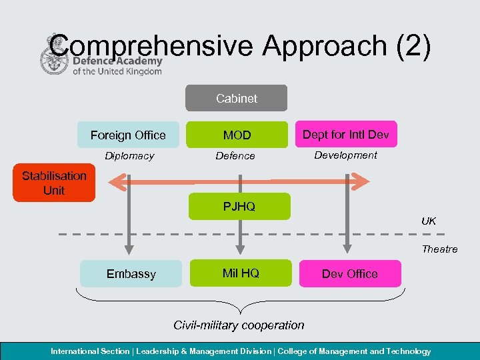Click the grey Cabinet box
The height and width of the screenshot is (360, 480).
click(x=236, y=98)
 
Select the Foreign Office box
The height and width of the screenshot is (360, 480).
click(x=128, y=135)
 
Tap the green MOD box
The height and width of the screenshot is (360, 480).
click(x=237, y=135)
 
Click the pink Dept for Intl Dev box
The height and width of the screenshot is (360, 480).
click(x=345, y=134)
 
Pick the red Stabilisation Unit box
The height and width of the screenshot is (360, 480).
click(x=54, y=183)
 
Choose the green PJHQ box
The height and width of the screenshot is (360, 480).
click(x=239, y=206)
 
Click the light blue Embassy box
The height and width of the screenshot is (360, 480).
click(x=131, y=273)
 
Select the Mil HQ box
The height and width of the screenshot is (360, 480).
click(x=240, y=273)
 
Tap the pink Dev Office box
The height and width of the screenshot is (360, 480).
click(x=349, y=273)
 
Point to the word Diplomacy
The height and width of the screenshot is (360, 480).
click(x=129, y=156)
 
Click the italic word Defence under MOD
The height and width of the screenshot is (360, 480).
click(x=235, y=156)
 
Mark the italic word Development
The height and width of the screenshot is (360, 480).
click(x=345, y=155)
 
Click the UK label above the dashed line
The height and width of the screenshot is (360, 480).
click(x=429, y=221)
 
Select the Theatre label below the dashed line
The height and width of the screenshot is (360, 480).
click(x=439, y=249)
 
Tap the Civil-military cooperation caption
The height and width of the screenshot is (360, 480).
click(x=239, y=325)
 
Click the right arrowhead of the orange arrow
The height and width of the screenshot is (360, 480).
click(x=362, y=180)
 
